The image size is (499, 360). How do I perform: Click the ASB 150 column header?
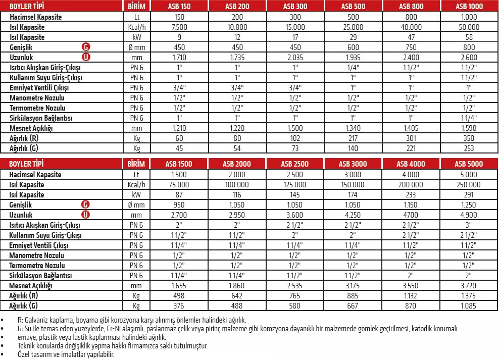point(179,7)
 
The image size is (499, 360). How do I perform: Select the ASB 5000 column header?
point(469,164)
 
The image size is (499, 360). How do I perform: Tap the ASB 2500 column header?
point(295,164)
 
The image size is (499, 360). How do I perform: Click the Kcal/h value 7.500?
point(179,27)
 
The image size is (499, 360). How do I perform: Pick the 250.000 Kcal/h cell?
point(469,185)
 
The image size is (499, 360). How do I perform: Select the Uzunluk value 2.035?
point(295,58)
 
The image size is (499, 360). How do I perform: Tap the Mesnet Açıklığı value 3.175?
point(353,286)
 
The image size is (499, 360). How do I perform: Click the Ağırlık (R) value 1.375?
point(469,296)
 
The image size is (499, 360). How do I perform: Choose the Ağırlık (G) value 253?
point(469,148)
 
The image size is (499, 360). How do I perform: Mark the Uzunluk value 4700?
point(411,215)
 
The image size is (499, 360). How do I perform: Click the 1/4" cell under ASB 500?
point(353,68)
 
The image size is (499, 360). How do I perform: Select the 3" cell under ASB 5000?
point(469,225)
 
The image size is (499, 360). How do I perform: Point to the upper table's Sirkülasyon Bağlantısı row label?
point(41,118)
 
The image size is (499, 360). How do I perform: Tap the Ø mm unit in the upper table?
point(136,47)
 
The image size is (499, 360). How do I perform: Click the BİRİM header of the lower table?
point(136,164)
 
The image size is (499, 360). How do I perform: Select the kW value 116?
point(237,195)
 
